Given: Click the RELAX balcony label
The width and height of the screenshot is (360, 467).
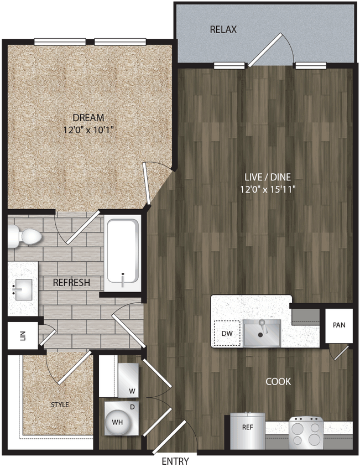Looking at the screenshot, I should [223, 29].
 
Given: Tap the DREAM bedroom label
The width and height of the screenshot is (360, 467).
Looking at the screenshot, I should [89, 118].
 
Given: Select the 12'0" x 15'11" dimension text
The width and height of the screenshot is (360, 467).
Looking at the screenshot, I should [268, 189].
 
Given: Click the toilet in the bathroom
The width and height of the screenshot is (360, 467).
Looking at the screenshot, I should [25, 237].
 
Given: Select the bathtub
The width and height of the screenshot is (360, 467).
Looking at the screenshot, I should [122, 253].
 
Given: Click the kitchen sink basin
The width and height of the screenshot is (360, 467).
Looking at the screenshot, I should [262, 333].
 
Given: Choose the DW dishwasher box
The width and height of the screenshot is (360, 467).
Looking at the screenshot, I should [227, 334].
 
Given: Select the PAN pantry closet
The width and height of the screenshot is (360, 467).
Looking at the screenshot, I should [338, 325].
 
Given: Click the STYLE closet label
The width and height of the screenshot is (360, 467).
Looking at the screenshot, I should [60, 404].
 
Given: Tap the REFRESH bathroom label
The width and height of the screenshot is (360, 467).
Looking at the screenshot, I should [71, 283].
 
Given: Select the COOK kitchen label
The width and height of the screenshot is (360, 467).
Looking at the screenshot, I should [278, 382].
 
